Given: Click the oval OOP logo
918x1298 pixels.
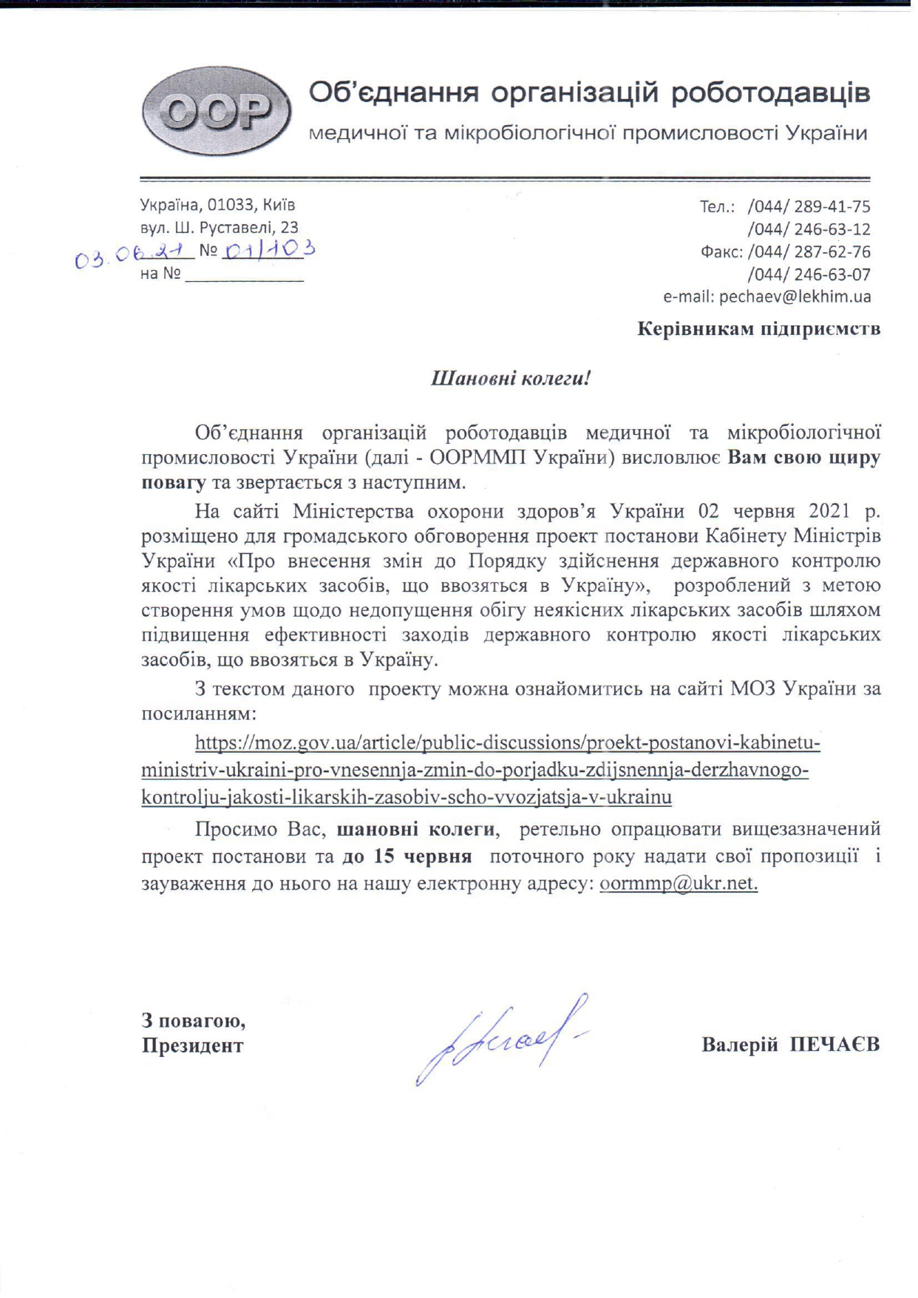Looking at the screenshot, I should tap(215, 112).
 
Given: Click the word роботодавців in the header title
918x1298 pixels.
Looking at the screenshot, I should tap(771, 93).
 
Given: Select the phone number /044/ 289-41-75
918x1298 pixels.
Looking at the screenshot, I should tap(809, 206).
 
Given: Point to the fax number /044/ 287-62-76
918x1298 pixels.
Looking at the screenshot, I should tap(809, 251).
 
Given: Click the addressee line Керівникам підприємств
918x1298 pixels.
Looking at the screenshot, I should tap(758, 328).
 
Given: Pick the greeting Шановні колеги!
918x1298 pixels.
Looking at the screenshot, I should tap(511, 379).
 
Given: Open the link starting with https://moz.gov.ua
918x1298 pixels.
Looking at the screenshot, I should tap(507, 742).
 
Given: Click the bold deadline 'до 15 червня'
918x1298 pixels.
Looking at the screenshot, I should tap(407, 856).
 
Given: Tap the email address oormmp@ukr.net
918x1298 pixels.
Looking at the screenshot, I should tap(679, 883).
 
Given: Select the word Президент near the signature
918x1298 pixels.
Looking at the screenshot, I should tap(192, 1045).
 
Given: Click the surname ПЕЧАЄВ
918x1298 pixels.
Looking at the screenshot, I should tap(834, 1044).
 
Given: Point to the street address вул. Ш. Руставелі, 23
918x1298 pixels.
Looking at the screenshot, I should tap(219, 227).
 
